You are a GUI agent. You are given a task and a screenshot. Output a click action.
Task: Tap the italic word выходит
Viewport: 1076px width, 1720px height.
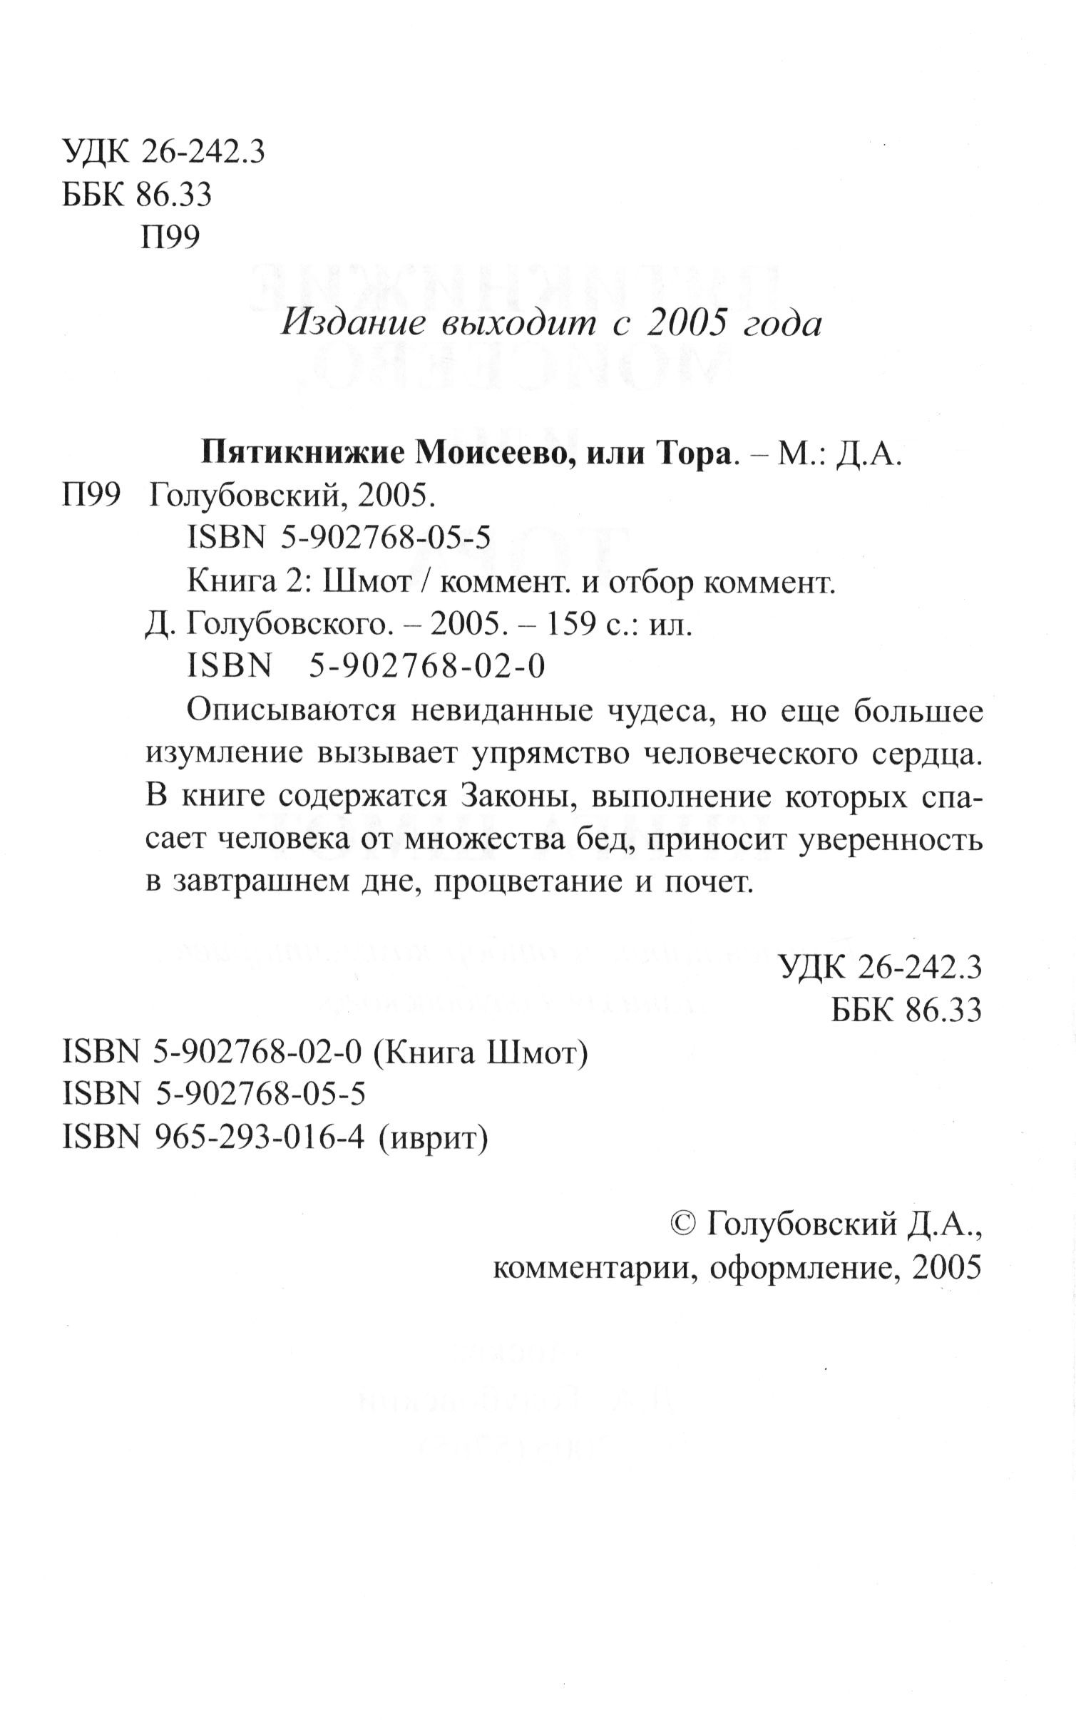point(518,325)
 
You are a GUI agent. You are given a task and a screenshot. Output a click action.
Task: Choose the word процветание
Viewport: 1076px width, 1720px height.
point(526,884)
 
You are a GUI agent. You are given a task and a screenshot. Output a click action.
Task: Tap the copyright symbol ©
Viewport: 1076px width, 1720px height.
point(685,1225)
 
